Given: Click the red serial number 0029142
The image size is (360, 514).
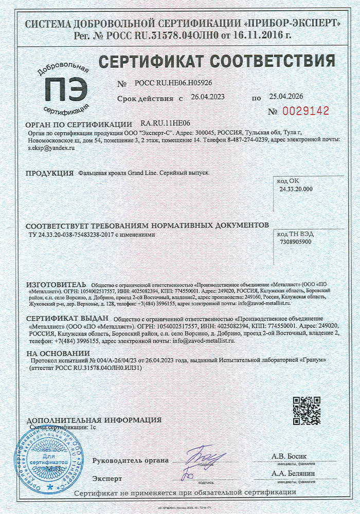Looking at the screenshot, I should point(307,111).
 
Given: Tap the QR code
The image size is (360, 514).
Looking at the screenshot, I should point(307,410).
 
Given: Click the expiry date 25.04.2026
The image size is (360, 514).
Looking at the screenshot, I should point(286,97).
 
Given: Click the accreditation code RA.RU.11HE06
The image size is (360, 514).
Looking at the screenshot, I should point(165,124).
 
